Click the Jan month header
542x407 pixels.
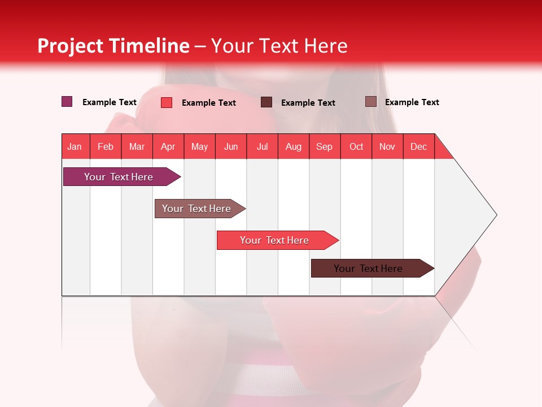click(75, 146)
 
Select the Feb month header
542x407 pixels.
click(106, 146)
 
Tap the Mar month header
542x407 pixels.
click(137, 146)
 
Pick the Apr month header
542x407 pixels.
click(168, 146)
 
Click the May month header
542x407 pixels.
click(199, 146)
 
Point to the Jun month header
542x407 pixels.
click(231, 146)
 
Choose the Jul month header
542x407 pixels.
click(262, 146)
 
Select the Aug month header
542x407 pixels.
click(293, 146)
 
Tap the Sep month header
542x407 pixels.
click(324, 146)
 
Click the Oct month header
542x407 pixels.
click(356, 146)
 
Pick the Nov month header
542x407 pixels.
click(387, 146)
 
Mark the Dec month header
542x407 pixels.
click(418, 146)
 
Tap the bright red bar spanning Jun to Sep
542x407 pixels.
click(274, 240)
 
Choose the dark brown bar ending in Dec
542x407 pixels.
click(368, 269)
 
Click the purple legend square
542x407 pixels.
click(67, 102)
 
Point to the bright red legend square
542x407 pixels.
click(167, 102)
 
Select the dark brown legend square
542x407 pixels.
click(266, 102)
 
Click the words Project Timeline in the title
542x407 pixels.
click(113, 46)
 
